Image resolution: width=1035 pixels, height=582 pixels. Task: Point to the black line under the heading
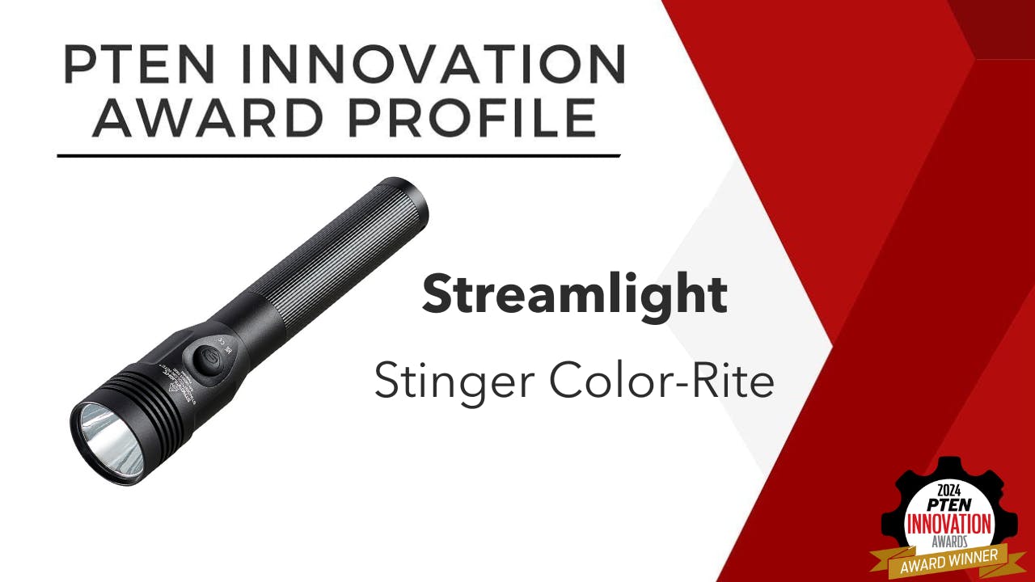click(x=340, y=154)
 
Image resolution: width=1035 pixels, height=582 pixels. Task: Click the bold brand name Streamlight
click(x=574, y=295)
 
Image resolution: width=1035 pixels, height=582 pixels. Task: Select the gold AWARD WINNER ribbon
click(x=939, y=561)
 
